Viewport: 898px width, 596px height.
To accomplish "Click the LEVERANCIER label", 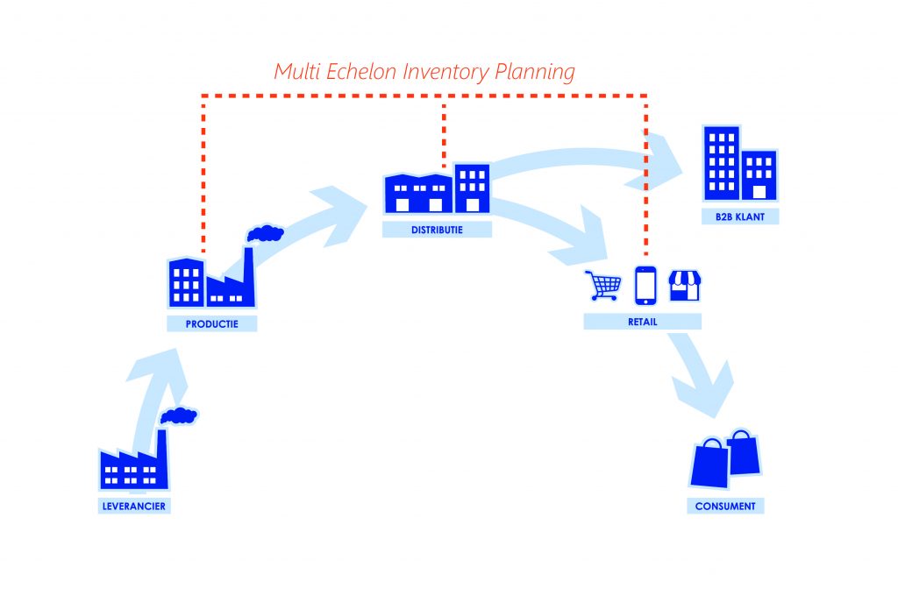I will pyautogui.click(x=132, y=506).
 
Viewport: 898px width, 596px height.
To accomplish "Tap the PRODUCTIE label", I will pyautogui.click(x=213, y=323).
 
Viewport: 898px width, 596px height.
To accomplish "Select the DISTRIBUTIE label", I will pyautogui.click(x=437, y=230).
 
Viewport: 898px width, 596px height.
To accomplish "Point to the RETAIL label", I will pyautogui.click(x=642, y=322).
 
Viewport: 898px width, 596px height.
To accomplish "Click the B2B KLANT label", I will pyautogui.click(x=740, y=216).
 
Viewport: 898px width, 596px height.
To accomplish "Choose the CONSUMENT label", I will pyautogui.click(x=725, y=506).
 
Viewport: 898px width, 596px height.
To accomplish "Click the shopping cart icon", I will pyautogui.click(x=603, y=285).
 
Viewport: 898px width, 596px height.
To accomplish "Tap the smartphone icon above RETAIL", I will pyautogui.click(x=645, y=284).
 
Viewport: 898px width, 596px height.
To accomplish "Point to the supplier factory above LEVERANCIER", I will pyautogui.click(x=134, y=465).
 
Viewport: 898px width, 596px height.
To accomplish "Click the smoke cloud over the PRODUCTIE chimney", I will pyautogui.click(x=265, y=233).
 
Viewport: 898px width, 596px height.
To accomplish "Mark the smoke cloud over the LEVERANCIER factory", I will pyautogui.click(x=179, y=415).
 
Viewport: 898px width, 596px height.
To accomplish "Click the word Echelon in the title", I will pyautogui.click(x=361, y=72).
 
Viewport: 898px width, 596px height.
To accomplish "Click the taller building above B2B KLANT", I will pyautogui.click(x=722, y=163).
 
